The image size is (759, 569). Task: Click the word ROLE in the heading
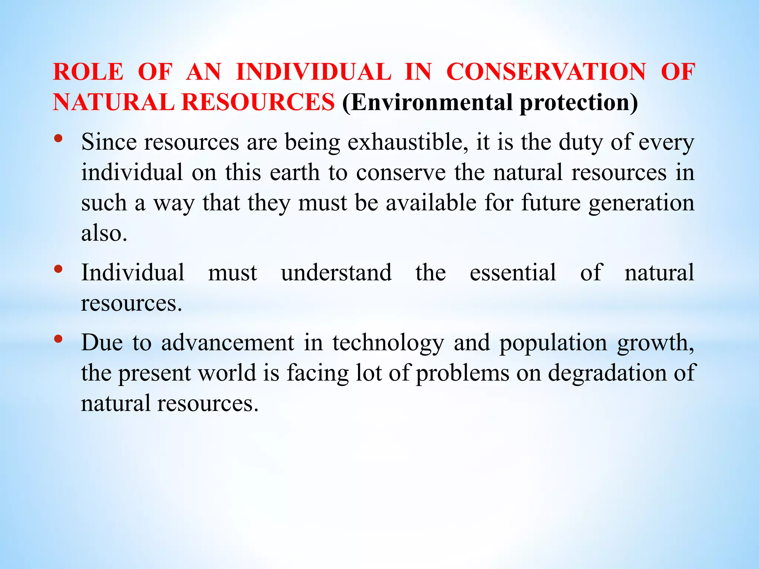coord(88,72)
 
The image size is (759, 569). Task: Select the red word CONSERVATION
coord(546,72)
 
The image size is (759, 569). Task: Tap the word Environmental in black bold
coord(431,103)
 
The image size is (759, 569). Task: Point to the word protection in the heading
coord(579,103)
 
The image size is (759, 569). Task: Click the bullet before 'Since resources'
coord(58,139)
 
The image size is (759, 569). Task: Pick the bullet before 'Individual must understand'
coord(58,269)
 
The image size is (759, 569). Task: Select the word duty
coord(581,143)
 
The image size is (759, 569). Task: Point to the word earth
coord(295,173)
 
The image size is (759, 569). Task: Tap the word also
coord(104,234)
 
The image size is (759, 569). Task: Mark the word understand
coord(336,273)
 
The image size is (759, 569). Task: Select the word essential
coord(513,273)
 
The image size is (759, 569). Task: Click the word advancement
coord(228,343)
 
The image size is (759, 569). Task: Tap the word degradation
coord(607,374)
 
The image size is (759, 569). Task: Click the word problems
coord(463,374)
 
